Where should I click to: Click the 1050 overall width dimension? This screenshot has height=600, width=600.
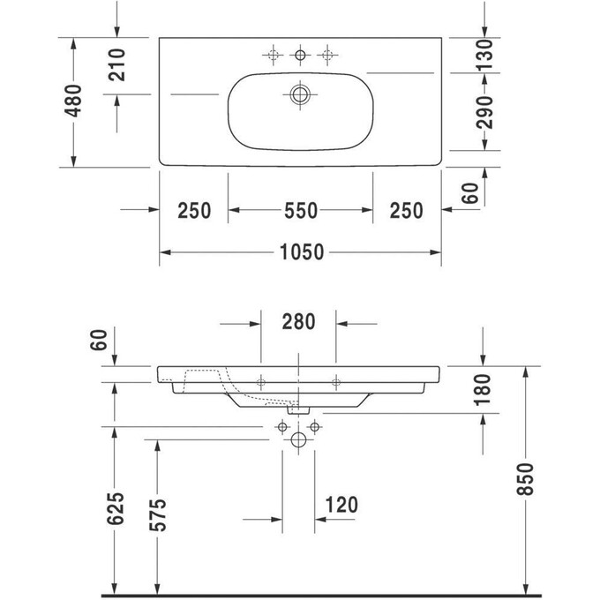(x=300, y=252)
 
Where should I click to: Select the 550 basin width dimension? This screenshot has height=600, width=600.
(x=300, y=210)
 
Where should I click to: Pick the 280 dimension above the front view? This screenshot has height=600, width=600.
(x=298, y=322)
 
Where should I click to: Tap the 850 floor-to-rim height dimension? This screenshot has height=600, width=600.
(x=526, y=479)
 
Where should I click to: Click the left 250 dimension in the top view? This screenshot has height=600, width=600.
(x=193, y=210)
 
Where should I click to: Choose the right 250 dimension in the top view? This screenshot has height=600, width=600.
(x=406, y=210)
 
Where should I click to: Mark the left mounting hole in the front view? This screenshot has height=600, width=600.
(x=261, y=382)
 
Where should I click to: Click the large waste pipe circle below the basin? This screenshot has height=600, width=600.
(x=298, y=439)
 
